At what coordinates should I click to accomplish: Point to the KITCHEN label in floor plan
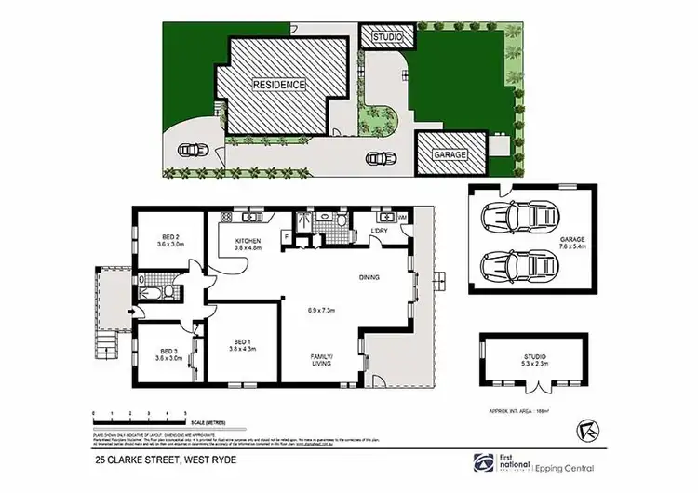248,245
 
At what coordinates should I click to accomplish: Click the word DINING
369,277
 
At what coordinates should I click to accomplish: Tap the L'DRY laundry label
379,230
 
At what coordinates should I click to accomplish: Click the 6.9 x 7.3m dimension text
320,310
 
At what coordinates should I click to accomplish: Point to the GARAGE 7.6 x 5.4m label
572,244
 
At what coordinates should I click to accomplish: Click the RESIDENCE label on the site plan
279,84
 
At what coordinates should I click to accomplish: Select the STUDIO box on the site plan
385,37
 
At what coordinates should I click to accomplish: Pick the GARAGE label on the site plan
448,154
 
